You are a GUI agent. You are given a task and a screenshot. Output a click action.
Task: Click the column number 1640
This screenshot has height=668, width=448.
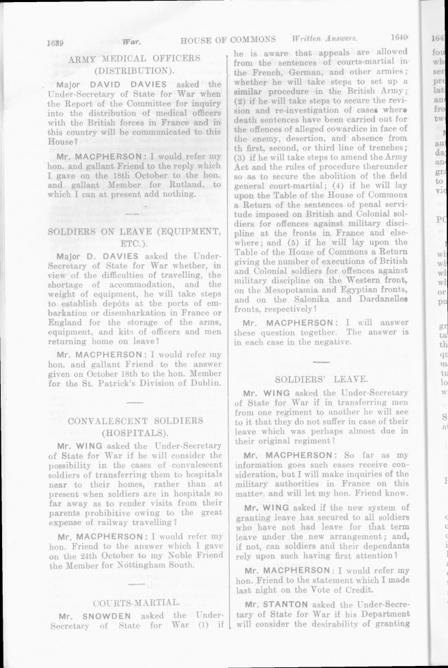click(396, 39)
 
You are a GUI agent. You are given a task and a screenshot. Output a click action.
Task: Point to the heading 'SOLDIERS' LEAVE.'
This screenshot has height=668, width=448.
click(320, 378)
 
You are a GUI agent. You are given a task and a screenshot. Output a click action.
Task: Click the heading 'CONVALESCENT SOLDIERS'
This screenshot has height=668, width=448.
click(136, 422)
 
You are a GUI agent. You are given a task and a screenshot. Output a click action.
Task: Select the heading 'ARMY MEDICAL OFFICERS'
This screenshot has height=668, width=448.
click(134, 59)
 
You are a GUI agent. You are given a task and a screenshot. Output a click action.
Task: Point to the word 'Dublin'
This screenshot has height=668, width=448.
click(202, 383)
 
